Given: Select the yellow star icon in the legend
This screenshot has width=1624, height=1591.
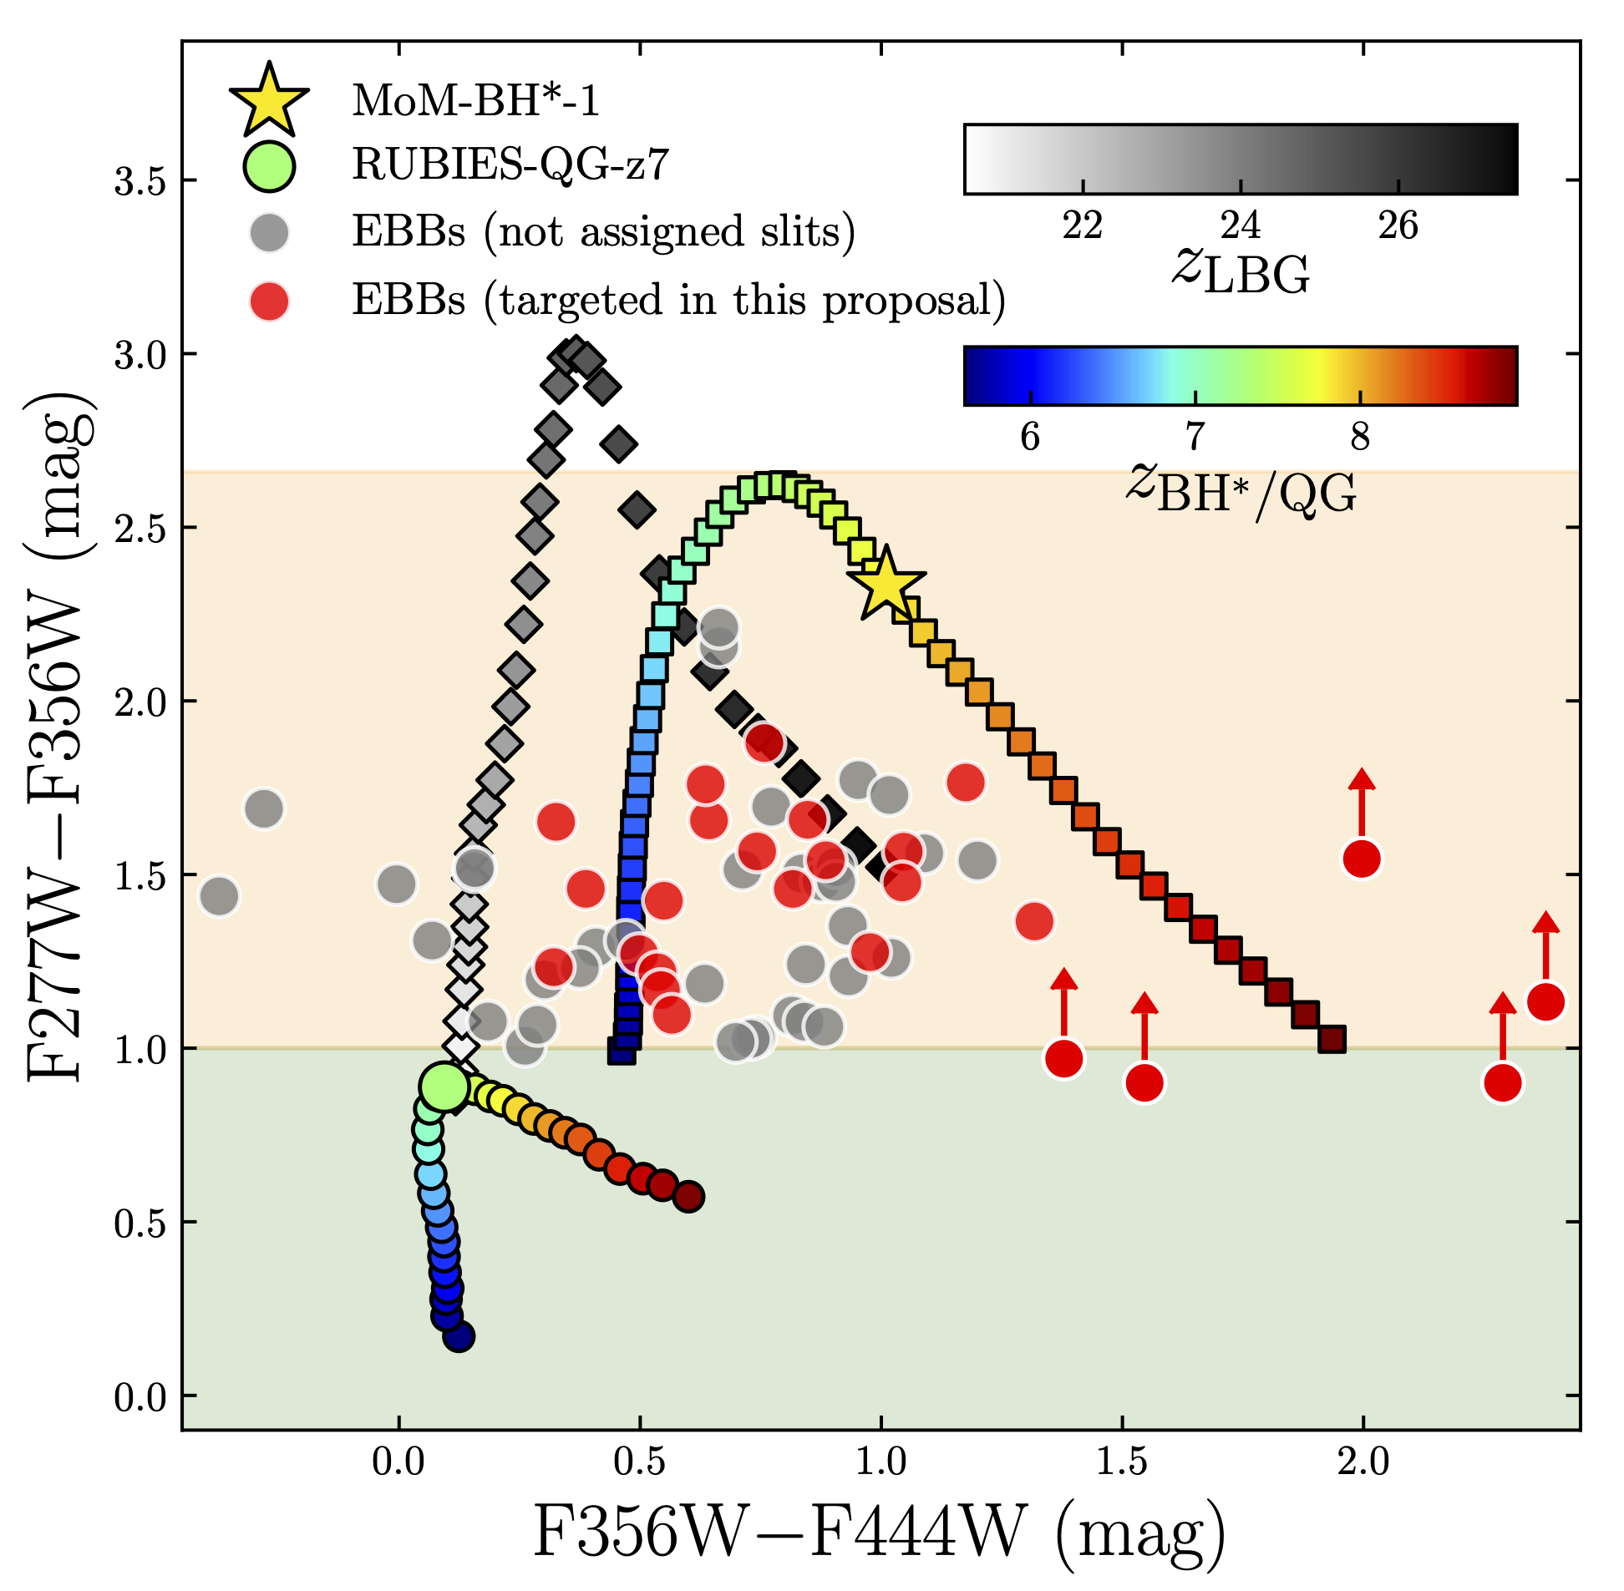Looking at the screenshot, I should click(x=269, y=101).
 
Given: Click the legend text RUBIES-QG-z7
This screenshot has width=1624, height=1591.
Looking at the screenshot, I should click(x=510, y=165).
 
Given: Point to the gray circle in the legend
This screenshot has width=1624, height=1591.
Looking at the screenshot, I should click(x=269, y=232).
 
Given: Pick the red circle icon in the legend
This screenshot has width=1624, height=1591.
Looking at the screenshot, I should click(x=269, y=301).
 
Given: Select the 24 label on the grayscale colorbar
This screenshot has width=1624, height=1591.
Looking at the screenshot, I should click(x=1241, y=225).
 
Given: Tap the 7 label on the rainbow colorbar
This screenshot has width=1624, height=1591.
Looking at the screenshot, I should click(x=1195, y=436).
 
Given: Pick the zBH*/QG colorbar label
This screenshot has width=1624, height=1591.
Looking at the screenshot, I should click(x=1241, y=489).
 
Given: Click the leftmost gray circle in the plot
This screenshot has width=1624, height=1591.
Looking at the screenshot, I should click(x=219, y=897).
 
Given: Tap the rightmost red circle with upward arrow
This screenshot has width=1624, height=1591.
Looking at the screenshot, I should click(x=1545, y=1002).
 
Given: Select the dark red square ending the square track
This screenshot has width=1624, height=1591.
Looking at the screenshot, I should click(x=1332, y=1040).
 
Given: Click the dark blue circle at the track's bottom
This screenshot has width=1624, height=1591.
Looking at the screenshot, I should click(x=459, y=1336).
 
